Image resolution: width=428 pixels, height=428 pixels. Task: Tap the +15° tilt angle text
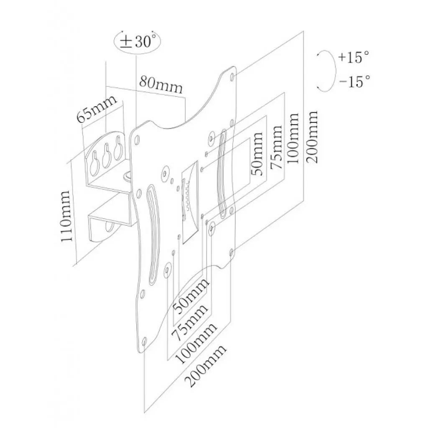pyautogui.click(x=354, y=57)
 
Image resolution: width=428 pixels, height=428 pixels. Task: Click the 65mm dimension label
pyautogui.click(x=93, y=110)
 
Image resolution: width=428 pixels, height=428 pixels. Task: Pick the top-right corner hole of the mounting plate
pyautogui.click(x=232, y=76)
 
